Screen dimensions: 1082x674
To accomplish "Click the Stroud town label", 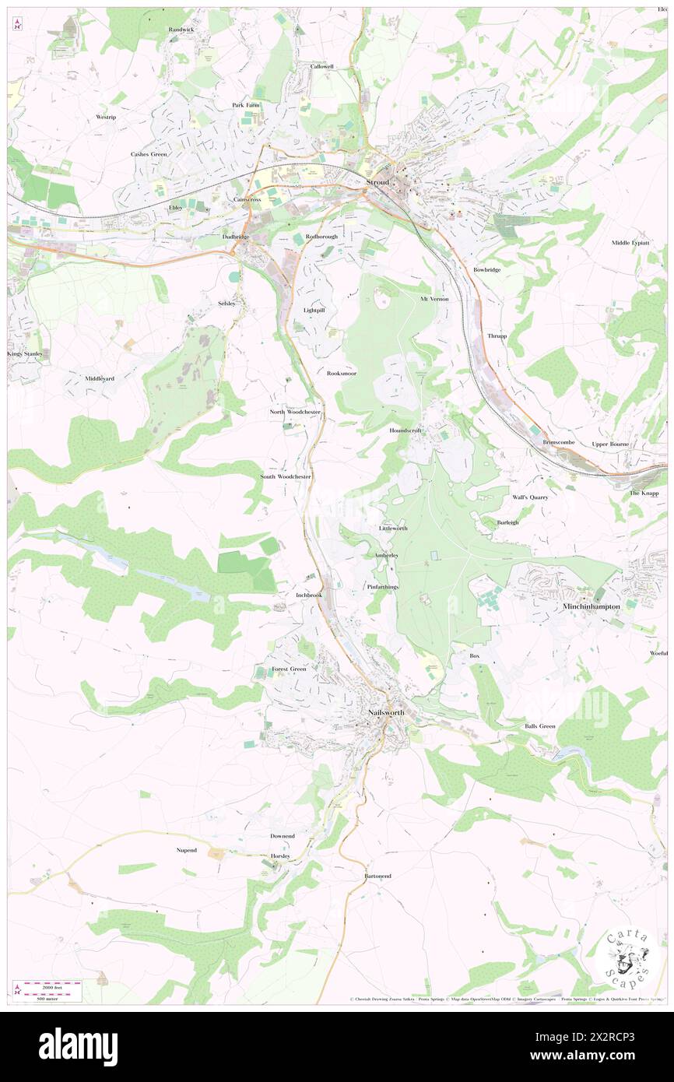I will coord(377,182).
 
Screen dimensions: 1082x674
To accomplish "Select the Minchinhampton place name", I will coord(592,605).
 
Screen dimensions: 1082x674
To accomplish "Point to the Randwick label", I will coord(181,30).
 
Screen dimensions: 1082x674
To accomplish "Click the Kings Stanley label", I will coord(28,353).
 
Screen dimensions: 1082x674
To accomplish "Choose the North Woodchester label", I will coord(295,412).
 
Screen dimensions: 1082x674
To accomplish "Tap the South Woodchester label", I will coord(286,476).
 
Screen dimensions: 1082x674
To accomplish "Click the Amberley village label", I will coord(386,555).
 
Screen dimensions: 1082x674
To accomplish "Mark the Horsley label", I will coord(279,855).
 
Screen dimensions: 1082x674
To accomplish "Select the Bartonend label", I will coord(377,876).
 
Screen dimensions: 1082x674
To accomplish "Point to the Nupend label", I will coord(186,850).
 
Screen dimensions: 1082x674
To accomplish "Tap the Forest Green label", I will coord(288,669).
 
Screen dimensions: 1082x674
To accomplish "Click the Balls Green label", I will coord(539,726).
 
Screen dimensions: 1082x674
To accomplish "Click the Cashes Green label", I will coord(149,154).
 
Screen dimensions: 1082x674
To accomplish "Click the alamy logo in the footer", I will coord(78,1045).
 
